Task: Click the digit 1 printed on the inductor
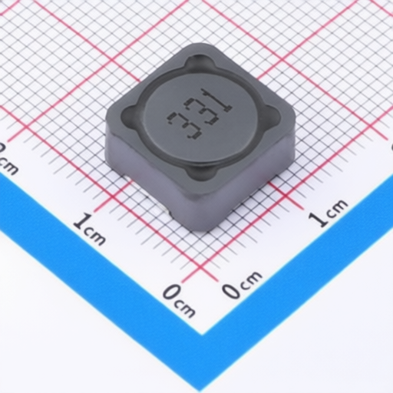(x=217, y=101)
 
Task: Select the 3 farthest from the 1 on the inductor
(x=183, y=125)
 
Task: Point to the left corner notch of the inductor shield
(x=128, y=113)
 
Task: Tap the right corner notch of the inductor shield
(x=274, y=114)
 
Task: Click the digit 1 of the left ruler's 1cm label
(x=81, y=222)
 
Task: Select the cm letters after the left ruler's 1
(x=95, y=236)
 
